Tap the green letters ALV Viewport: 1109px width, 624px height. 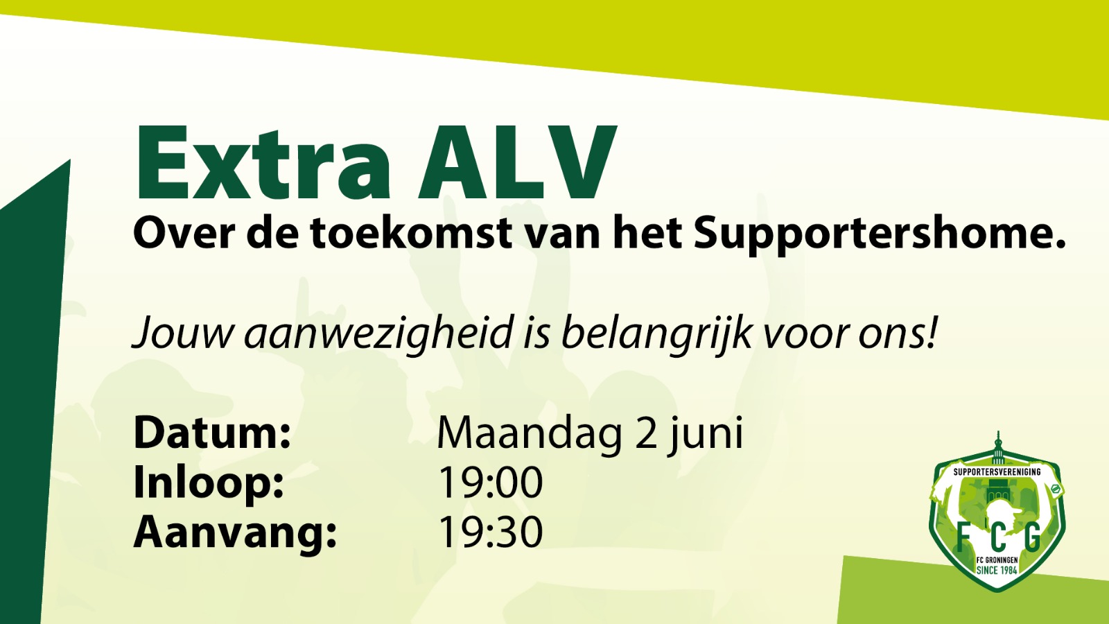pyautogui.click(x=516, y=162)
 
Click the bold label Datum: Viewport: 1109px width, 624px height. pyautogui.click(x=212, y=433)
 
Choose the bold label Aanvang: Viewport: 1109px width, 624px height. pyautogui.click(x=235, y=533)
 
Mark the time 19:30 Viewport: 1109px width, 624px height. pyautogui.click(x=490, y=532)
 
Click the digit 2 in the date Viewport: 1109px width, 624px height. pyautogui.click(x=645, y=433)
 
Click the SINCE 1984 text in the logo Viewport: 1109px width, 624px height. pyautogui.click(x=997, y=570)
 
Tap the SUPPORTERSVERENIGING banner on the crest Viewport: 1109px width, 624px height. pyautogui.click(x=997, y=472)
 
